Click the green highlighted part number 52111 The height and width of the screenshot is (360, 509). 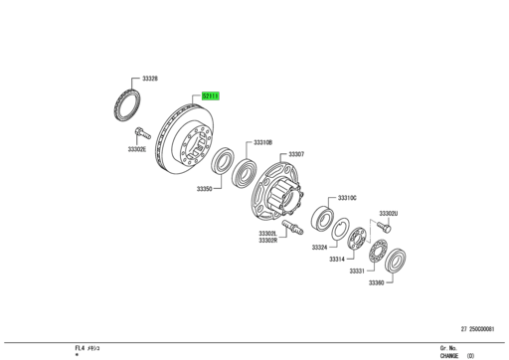(211, 96)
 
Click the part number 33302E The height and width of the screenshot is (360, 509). (136, 149)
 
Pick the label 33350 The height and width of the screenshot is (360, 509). (204, 188)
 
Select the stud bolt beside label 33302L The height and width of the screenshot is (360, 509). (293, 229)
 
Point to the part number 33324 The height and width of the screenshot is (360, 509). (319, 247)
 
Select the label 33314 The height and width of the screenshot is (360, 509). (335, 258)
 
